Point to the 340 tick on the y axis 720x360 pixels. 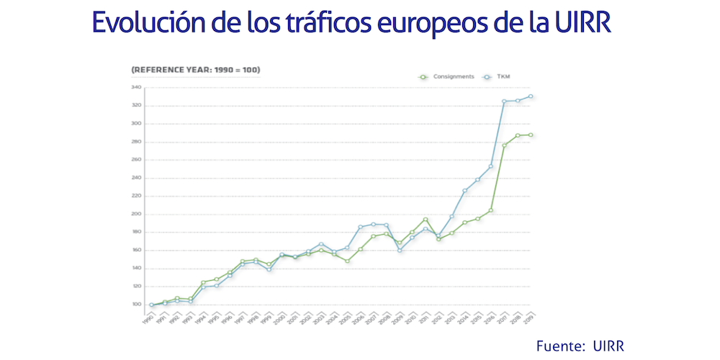coord(135,88)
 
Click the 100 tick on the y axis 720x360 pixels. coord(135,305)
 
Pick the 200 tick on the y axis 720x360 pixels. coord(135,214)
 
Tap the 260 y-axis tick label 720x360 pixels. coord(135,160)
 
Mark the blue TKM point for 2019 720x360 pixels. coord(531,96)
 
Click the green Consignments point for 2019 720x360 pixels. coord(531,135)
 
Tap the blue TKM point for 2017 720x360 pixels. coord(504,102)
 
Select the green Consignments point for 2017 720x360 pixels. coord(504,145)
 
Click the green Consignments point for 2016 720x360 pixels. coord(491,210)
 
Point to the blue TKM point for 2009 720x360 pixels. coord(400,251)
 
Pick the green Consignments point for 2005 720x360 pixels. coord(347,261)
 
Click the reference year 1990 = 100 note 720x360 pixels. coord(196,70)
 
